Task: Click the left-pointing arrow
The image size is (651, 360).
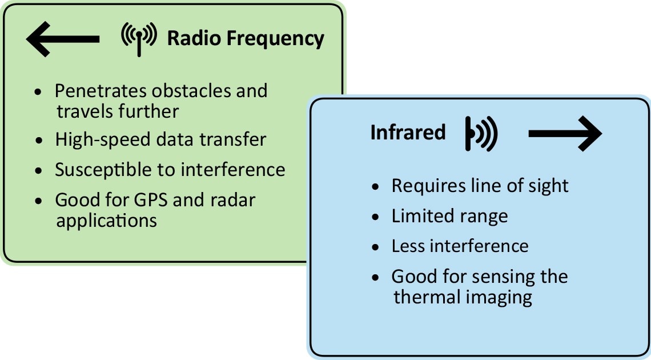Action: [x=63, y=39]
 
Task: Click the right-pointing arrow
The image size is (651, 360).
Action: [x=565, y=134]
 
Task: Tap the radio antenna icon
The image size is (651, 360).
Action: [x=139, y=38]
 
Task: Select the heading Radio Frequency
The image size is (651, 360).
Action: [x=246, y=39]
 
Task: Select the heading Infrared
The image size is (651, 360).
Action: [x=408, y=133]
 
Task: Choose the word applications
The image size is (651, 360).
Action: [x=106, y=220]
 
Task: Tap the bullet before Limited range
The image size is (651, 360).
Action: [x=375, y=217]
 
